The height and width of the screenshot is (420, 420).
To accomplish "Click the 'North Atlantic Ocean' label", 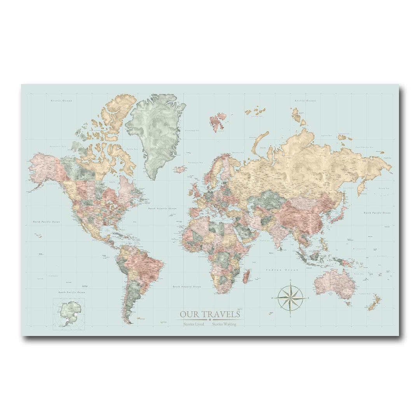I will (x=162, y=208).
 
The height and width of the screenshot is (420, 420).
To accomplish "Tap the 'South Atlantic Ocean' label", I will (x=187, y=287).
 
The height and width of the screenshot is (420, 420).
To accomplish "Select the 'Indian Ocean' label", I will (x=282, y=270).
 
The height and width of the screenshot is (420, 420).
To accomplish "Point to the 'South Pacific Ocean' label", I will (x=72, y=292).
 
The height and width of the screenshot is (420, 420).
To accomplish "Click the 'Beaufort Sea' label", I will (x=58, y=146).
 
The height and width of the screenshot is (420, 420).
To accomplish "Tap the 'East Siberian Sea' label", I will (x=364, y=147).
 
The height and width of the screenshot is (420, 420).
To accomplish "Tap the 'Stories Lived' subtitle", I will (x=194, y=324).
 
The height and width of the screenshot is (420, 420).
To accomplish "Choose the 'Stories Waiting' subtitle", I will (x=224, y=324).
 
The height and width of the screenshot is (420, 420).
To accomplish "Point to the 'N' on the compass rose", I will (x=290, y=280).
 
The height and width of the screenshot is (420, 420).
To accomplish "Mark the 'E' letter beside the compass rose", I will (x=308, y=298).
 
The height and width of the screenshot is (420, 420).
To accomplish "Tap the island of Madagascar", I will (x=245, y=277).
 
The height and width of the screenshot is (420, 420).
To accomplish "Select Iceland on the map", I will (x=180, y=169).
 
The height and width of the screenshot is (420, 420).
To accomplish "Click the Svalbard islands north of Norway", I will (x=218, y=121).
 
